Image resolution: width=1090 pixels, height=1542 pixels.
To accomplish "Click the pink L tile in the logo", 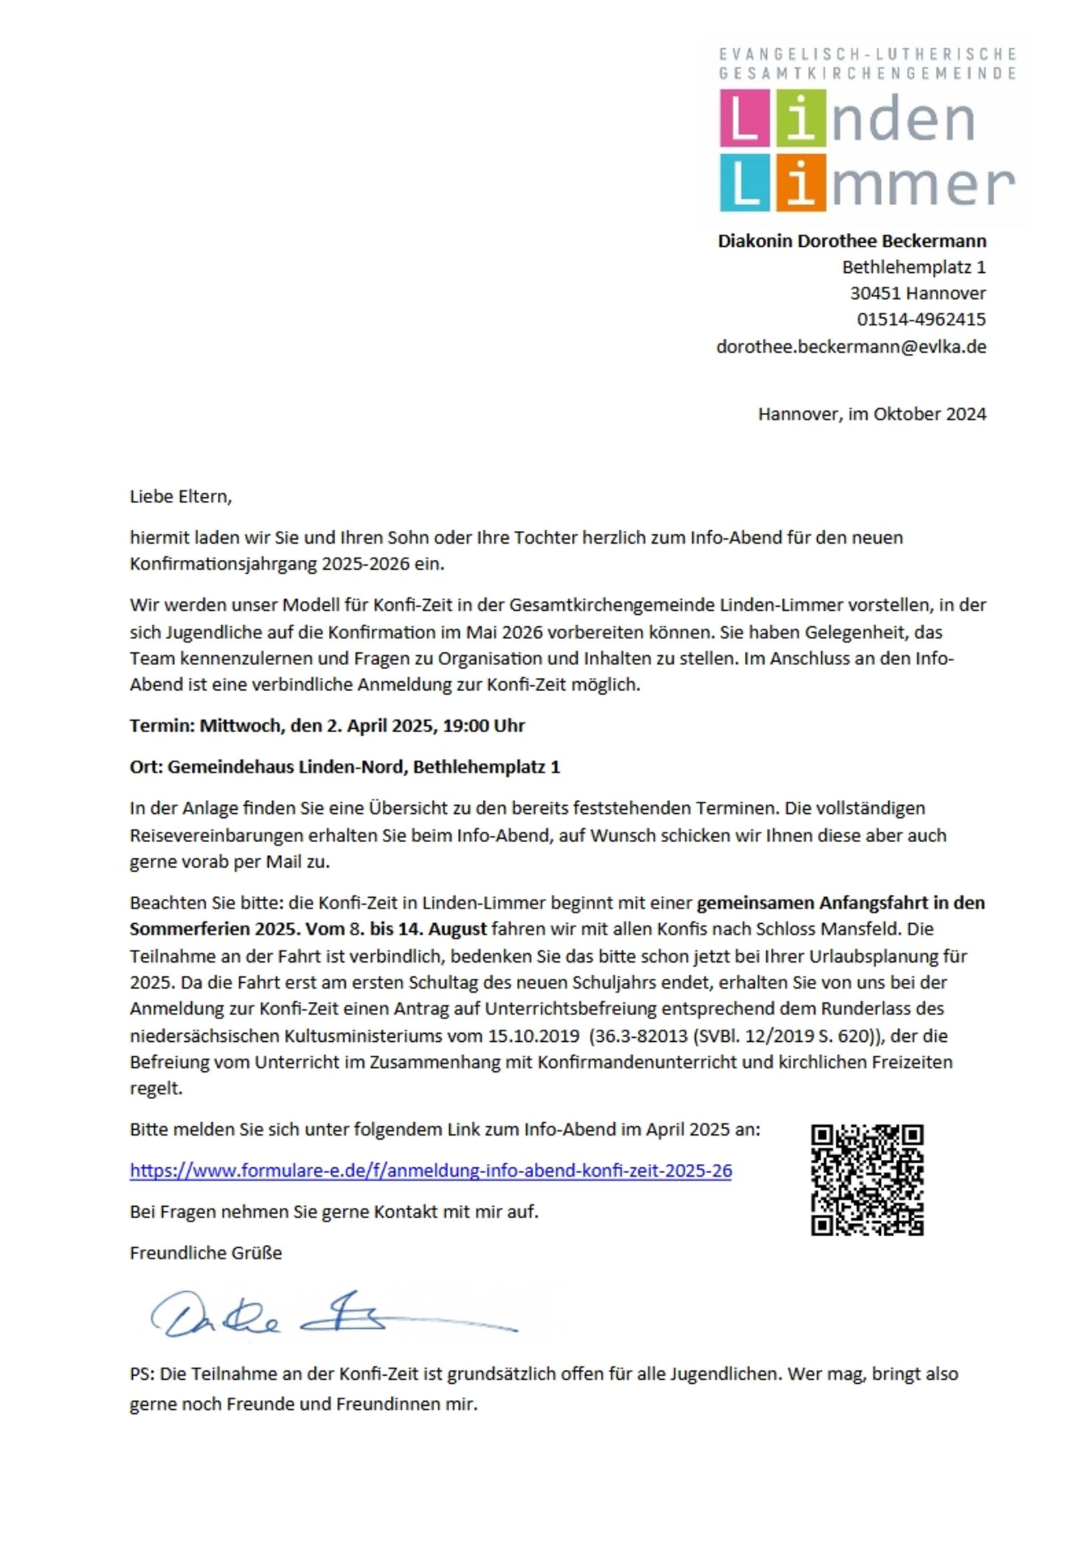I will pyautogui.click(x=744, y=119).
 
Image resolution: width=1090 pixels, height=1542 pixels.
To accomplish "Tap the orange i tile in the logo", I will pyautogui.click(x=800, y=182).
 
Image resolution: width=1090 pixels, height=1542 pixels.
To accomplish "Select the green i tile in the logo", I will pyautogui.click(x=800, y=119).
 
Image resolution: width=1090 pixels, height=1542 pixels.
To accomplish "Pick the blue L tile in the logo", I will pyautogui.click(x=744, y=182).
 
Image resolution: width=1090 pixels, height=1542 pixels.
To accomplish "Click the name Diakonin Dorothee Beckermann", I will pyautogui.click(x=851, y=241).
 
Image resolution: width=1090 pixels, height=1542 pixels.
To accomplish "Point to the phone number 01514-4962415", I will pyautogui.click(x=921, y=320).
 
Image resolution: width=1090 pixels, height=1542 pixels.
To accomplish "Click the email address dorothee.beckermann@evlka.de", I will pyautogui.click(x=851, y=347).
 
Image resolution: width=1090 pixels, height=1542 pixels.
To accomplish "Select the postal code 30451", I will pyautogui.click(x=875, y=294).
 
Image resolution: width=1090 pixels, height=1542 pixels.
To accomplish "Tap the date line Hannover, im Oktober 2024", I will pyautogui.click(x=871, y=414).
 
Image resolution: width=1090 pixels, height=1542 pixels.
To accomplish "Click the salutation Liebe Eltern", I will pyautogui.click(x=180, y=496).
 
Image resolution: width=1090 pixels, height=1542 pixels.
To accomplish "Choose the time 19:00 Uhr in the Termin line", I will pyautogui.click(x=483, y=726).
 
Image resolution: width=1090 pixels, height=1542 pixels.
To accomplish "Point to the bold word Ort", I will pyautogui.click(x=144, y=767).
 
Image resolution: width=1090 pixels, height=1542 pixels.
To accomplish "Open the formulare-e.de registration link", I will pyautogui.click(x=430, y=1171).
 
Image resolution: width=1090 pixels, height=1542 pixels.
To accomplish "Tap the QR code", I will pyautogui.click(x=867, y=1179).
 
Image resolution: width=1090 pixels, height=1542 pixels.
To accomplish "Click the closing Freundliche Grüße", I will pyautogui.click(x=206, y=1252).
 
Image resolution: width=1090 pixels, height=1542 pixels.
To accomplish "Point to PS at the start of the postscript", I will pyautogui.click(x=141, y=1374).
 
